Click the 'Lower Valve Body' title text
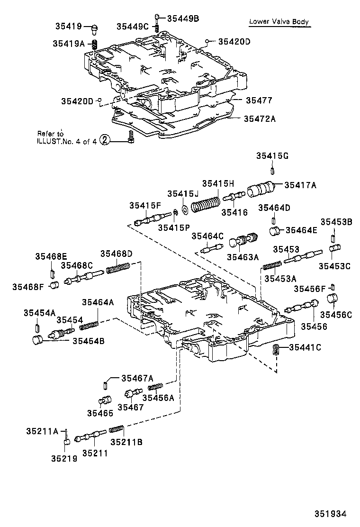tap(279, 22)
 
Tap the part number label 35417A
tap(300, 185)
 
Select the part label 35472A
tap(260, 119)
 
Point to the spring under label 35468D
tap(118, 269)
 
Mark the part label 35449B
tap(183, 18)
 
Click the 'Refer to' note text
tap(50, 134)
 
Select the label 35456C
tap(336, 314)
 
